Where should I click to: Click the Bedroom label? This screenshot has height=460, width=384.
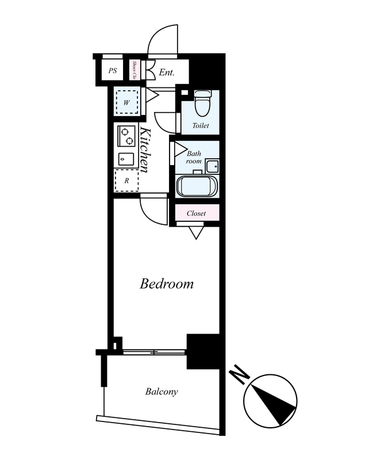point(166,283)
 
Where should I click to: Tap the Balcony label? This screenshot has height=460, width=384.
point(162,392)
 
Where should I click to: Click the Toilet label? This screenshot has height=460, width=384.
point(201,125)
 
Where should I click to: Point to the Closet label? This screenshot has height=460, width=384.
point(196,213)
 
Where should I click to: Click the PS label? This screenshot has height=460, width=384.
point(112,71)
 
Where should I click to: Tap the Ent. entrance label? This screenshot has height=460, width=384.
point(167,72)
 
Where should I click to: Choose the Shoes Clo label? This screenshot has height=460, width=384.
point(135,70)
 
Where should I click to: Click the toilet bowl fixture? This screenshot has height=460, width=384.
point(203,103)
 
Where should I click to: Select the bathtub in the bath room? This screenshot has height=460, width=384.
point(197,186)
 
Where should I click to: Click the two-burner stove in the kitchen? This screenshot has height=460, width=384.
point(126,136)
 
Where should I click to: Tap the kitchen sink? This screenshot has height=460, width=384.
point(126,159)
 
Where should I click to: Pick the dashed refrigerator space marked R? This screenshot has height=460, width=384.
point(126,181)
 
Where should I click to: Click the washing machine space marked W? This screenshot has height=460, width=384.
point(126,102)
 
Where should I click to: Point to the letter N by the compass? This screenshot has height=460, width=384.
point(239,374)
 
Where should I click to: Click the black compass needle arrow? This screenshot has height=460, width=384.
point(274,405)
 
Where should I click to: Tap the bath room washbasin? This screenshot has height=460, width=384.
point(212,166)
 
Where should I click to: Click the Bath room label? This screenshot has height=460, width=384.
point(194,157)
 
